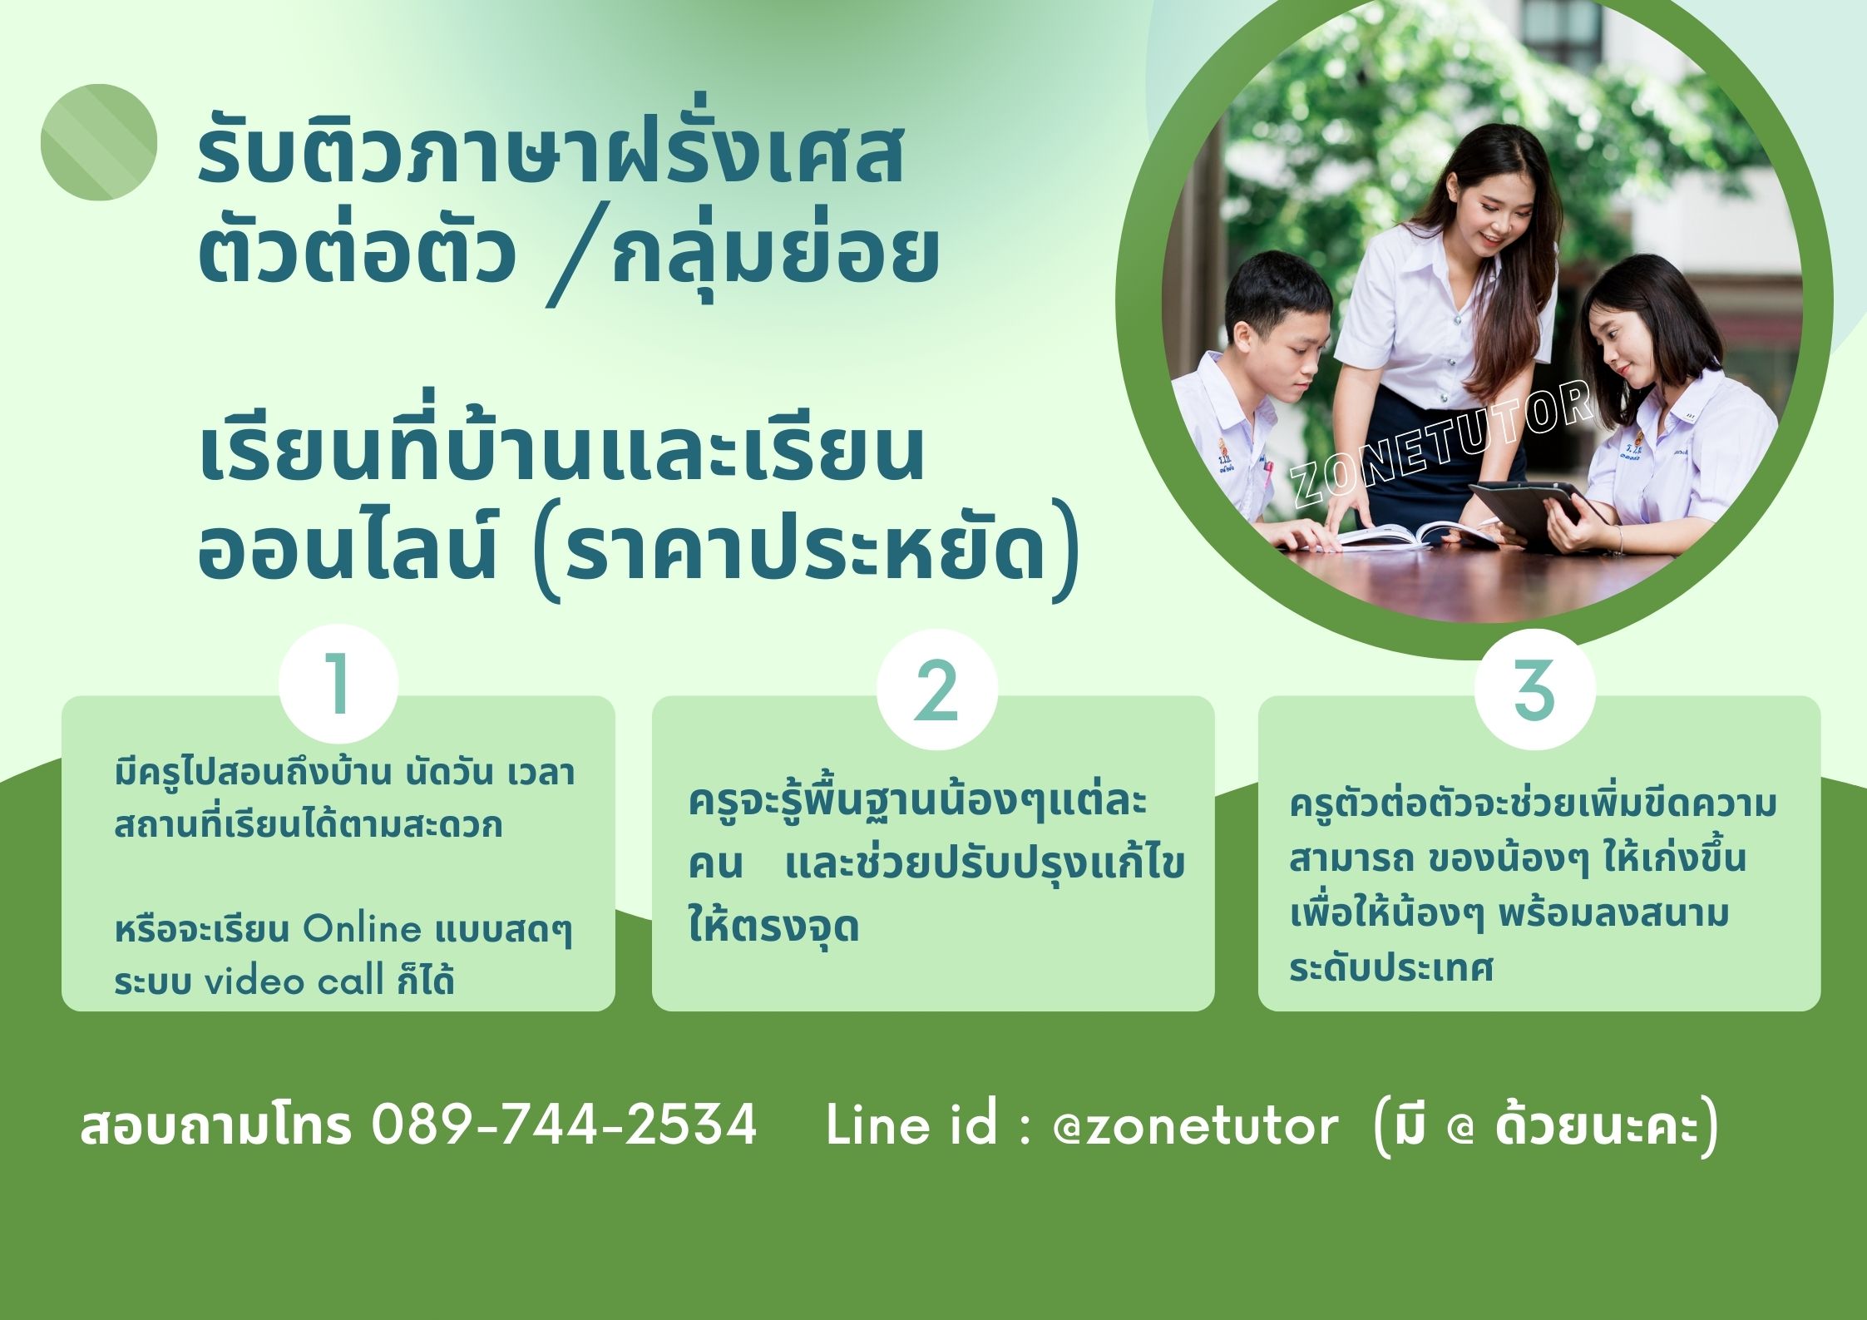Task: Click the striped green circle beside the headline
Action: pyautogui.click(x=99, y=142)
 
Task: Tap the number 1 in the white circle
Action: pyautogui.click(x=338, y=683)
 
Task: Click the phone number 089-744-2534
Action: pyautogui.click(x=564, y=1125)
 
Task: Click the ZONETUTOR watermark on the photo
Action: pyautogui.click(x=1442, y=444)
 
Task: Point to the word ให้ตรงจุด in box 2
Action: pyautogui.click(x=773, y=926)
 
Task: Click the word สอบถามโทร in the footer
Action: pyautogui.click(x=216, y=1125)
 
